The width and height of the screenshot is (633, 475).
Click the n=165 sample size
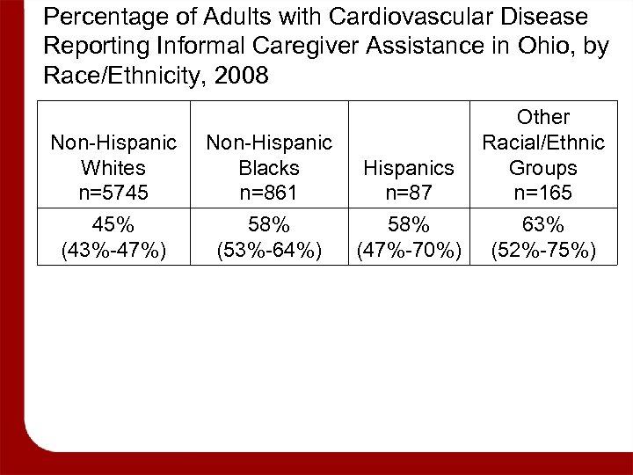click(543, 192)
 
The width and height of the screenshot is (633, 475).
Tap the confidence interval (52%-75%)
click(543, 252)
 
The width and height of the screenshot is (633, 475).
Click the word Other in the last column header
click(543, 117)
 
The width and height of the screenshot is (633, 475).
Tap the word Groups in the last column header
click(543, 167)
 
